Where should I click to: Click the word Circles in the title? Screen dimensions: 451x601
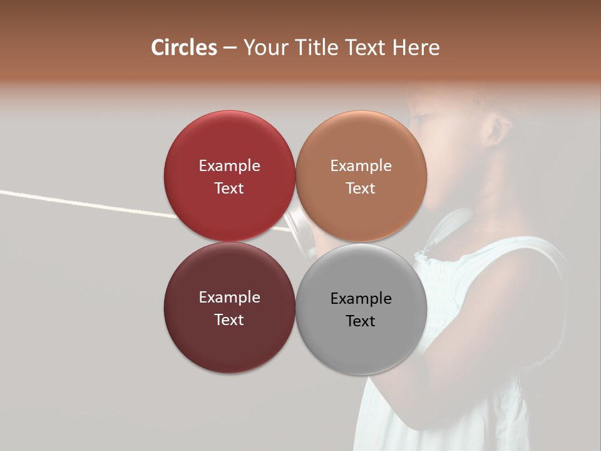(184, 48)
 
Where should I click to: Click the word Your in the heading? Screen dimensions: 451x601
(265, 48)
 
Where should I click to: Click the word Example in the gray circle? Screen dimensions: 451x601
(361, 298)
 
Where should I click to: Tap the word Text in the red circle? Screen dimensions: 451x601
(229, 188)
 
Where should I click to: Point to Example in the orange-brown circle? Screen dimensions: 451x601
(361, 165)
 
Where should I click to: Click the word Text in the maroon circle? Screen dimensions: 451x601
(229, 319)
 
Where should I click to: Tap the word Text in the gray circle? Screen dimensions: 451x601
(361, 321)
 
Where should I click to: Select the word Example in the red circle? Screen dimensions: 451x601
(229, 165)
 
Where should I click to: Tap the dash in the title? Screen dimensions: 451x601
(230, 48)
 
